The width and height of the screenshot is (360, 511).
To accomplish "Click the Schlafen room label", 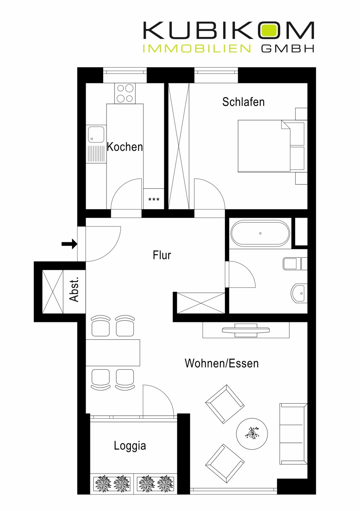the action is [x=243, y=102].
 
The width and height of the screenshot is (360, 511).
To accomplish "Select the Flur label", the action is [x=162, y=255].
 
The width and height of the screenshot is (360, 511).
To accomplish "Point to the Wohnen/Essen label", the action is [x=222, y=363].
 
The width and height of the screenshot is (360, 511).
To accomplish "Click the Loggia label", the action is [x=130, y=446].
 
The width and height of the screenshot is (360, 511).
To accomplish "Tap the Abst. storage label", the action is [x=74, y=290].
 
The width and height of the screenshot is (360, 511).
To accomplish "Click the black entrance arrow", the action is [x=69, y=244].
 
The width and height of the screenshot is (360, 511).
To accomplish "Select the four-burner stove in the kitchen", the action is [x=125, y=93].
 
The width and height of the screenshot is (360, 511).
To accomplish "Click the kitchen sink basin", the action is [x=96, y=135].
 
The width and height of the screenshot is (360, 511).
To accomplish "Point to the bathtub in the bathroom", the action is [x=260, y=233].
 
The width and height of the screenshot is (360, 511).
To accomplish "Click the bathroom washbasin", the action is [x=299, y=293].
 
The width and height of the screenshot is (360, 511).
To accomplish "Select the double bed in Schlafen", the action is [x=271, y=146].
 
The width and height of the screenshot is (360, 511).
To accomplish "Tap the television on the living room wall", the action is [x=246, y=330].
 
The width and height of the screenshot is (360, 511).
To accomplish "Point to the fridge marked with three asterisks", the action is [x=154, y=198].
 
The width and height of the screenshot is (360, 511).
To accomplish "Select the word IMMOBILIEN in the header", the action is [x=196, y=49].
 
